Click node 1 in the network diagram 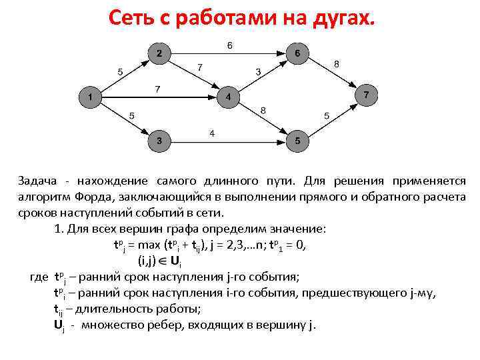(x=89, y=98)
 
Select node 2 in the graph (x=159, y=53)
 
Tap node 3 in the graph (x=159, y=141)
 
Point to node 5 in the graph (x=297, y=141)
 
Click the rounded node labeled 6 (x=297, y=53)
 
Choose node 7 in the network (x=366, y=96)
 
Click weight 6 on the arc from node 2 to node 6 (x=230, y=45)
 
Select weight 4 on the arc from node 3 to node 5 (x=212, y=133)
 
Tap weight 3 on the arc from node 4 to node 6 (x=259, y=71)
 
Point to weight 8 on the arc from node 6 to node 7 (x=337, y=63)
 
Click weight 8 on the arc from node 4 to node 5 (x=263, y=110)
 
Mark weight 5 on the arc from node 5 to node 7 (x=326, y=116)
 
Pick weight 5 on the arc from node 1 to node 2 (x=120, y=71)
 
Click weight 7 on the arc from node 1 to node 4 (x=157, y=89)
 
